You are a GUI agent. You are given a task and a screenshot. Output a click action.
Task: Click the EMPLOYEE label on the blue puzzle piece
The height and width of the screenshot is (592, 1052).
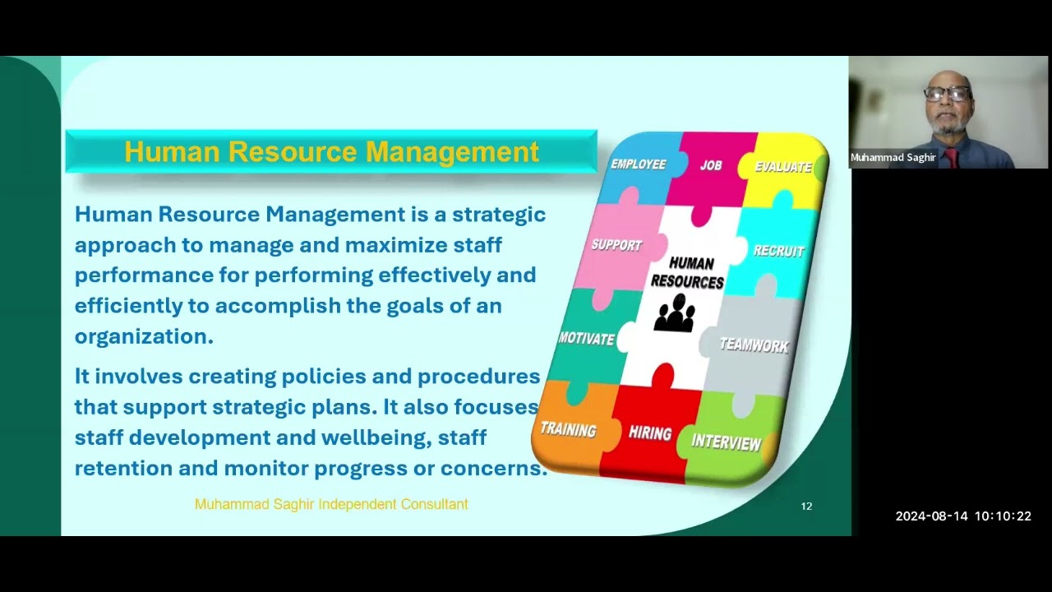[639, 164]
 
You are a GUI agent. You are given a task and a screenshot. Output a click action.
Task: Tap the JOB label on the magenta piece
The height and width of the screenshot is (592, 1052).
[711, 165]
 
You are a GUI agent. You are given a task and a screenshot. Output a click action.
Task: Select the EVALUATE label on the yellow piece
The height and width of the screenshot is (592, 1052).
[783, 167]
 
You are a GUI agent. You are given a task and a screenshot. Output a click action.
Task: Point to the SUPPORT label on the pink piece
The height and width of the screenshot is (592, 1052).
[616, 245]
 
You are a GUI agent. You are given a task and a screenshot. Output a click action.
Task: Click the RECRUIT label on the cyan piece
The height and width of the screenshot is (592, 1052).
[778, 251]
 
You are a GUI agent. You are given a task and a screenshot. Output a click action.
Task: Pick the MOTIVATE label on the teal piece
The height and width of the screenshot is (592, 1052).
[587, 338]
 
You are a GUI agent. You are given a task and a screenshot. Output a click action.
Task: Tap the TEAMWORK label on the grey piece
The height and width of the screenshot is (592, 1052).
[754, 345]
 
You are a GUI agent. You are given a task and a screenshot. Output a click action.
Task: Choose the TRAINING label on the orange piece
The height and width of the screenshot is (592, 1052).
[568, 429]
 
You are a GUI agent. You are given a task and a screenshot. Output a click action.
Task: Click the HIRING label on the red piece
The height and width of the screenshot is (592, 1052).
[650, 432]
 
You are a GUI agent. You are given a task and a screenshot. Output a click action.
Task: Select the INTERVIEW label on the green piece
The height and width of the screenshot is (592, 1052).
[726, 442]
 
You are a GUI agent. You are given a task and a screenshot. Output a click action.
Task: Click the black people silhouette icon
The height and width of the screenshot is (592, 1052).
[675, 313]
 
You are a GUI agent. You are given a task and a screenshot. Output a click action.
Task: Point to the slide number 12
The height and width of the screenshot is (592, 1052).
[806, 506]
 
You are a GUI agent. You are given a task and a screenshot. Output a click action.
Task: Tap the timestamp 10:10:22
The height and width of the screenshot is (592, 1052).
[1003, 516]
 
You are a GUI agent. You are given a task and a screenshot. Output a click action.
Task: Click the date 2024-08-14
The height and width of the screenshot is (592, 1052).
[931, 516]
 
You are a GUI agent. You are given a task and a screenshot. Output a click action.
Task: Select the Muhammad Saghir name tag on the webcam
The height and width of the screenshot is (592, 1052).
[893, 157]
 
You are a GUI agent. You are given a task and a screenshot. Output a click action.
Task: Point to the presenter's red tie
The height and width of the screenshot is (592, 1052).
[951, 157]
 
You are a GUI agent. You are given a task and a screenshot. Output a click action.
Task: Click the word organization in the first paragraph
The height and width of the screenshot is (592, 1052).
[144, 336]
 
